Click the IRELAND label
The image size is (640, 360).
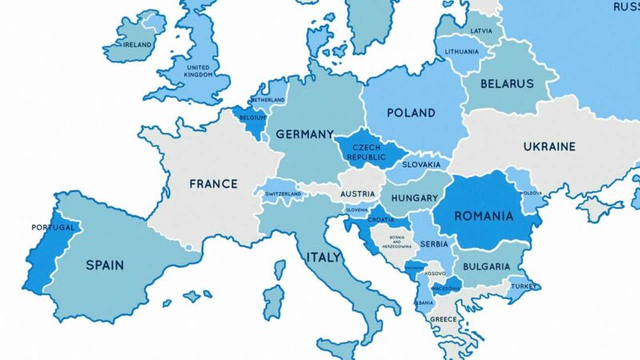tap(138, 45)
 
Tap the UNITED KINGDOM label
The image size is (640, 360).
tap(198, 71)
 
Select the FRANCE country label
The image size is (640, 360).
tap(213, 184)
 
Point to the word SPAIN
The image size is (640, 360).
tap(105, 264)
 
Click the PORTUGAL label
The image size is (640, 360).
tap(53, 227)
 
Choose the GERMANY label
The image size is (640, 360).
tap(304, 134)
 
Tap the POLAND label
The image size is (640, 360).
tap(411, 113)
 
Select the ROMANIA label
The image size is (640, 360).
tap(483, 216)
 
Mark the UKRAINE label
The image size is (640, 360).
tap(549, 147)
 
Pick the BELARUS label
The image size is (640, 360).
tap(506, 83)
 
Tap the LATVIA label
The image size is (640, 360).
tap(482, 31)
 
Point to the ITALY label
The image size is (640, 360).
tap(323, 258)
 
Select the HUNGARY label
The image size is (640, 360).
tap(414, 198)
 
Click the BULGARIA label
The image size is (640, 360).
tap(485, 266)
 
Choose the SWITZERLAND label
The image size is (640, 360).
tap(283, 194)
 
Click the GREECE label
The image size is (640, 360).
tap(443, 319)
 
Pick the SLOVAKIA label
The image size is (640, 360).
tap(421, 165)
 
